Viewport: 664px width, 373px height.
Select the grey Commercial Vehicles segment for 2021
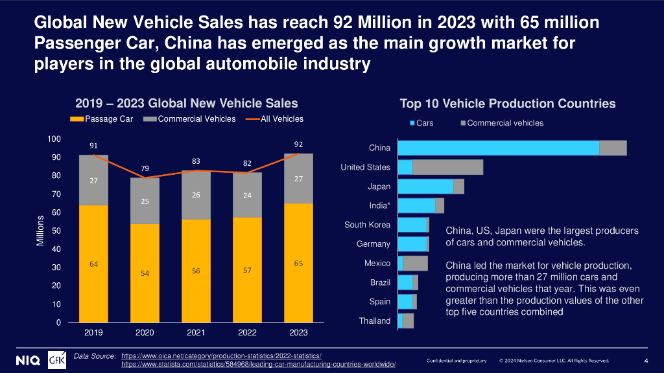tap(196, 195)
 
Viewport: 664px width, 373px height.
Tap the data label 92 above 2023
tap(299, 144)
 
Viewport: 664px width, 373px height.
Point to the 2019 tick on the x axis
tap(93, 332)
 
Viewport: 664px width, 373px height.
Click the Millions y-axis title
tap(40, 231)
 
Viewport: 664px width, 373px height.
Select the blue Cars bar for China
tap(498, 148)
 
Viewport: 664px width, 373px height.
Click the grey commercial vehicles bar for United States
tap(447, 167)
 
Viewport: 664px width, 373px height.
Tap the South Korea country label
tap(367, 225)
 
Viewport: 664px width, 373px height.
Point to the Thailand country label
tap(375, 321)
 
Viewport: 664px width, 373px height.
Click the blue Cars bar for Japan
tap(425, 186)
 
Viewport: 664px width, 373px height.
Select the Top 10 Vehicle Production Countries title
tap(507, 104)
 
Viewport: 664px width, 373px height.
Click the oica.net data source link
tap(221, 356)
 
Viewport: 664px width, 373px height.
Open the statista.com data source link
tap(258, 365)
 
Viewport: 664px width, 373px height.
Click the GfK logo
tap(57, 359)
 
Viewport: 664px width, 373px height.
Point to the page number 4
tap(646, 360)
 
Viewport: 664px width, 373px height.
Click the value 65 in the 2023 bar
tap(299, 264)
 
